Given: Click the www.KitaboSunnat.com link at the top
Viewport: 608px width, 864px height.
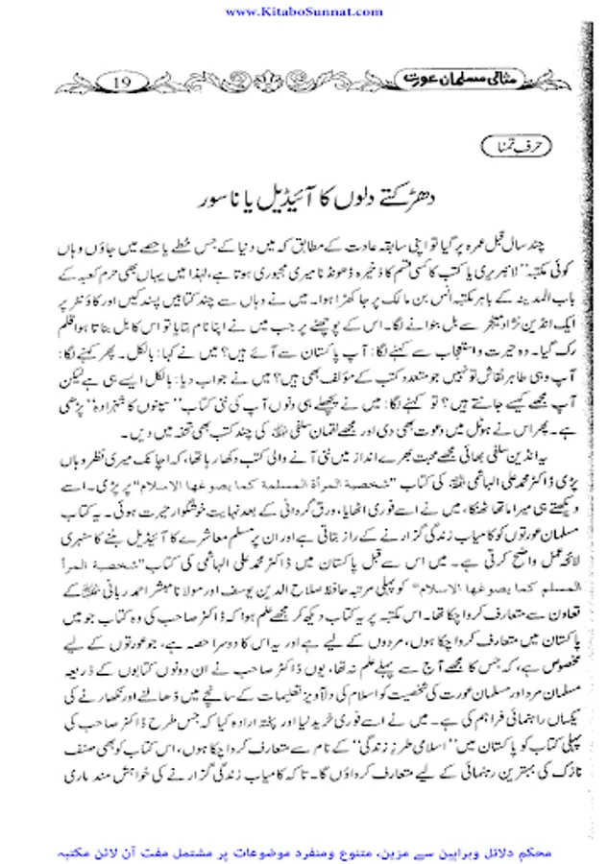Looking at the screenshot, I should click(x=304, y=11).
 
